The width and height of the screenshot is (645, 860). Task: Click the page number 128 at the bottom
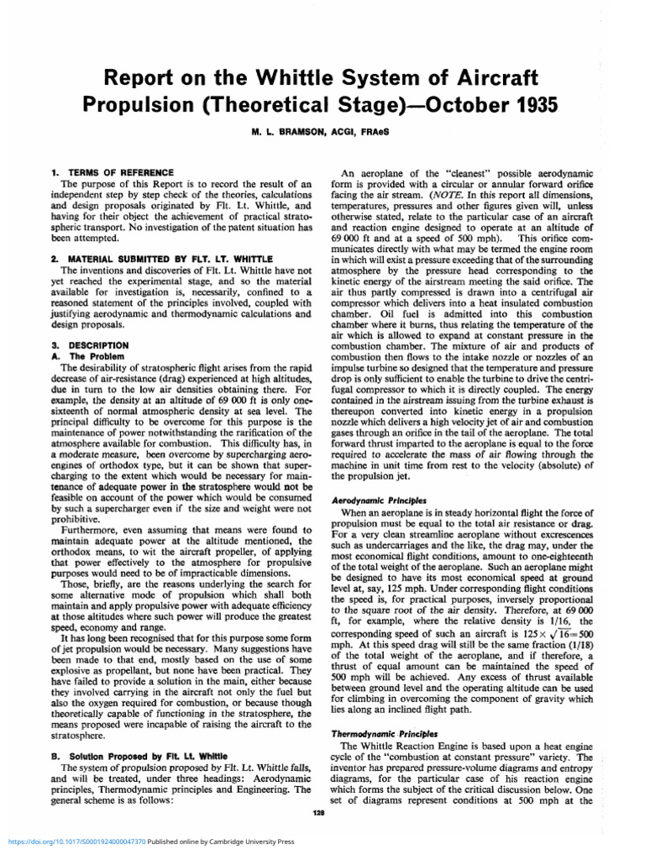pyautogui.click(x=318, y=814)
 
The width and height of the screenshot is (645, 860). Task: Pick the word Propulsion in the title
pyautogui.click(x=144, y=107)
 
